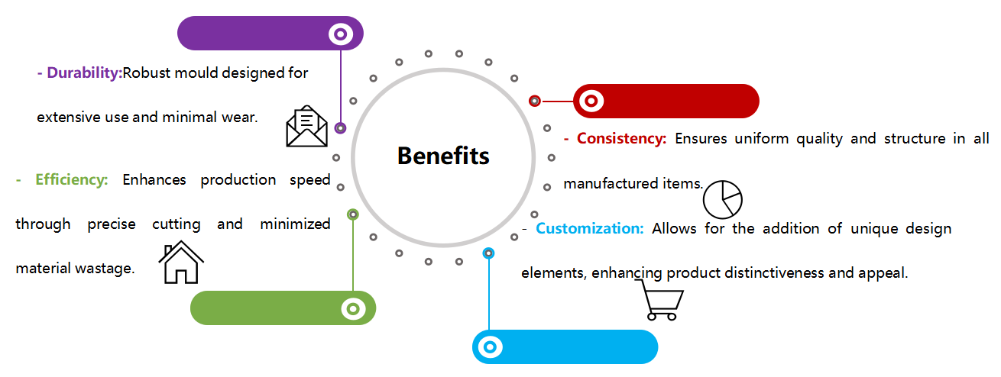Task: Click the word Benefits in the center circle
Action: tap(443, 156)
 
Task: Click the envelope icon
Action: tap(306, 127)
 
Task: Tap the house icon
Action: tap(181, 263)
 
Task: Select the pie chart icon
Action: tap(722, 199)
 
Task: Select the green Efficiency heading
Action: tap(71, 180)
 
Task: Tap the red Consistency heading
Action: tap(621, 139)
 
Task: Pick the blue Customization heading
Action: tap(589, 228)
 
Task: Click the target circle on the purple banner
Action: tap(340, 34)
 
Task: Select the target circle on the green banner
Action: tap(352, 308)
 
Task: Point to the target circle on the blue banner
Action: tap(490, 347)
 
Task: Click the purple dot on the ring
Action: tap(340, 128)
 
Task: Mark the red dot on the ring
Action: tap(535, 101)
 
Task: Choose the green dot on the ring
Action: tap(353, 214)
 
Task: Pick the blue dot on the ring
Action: tap(489, 253)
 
